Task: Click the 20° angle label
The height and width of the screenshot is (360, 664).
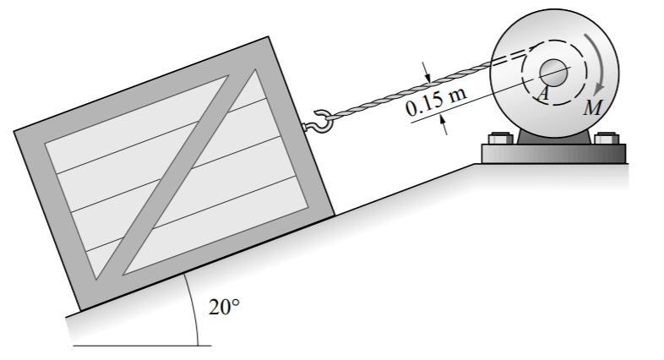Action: pyautogui.click(x=224, y=307)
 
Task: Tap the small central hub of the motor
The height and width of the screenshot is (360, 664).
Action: pyautogui.click(x=553, y=70)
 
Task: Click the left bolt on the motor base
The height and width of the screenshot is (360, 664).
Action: pyautogui.click(x=498, y=139)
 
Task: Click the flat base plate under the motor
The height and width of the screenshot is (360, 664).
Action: pyautogui.click(x=553, y=154)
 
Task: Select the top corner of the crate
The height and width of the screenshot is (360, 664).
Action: pyautogui.click(x=268, y=38)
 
